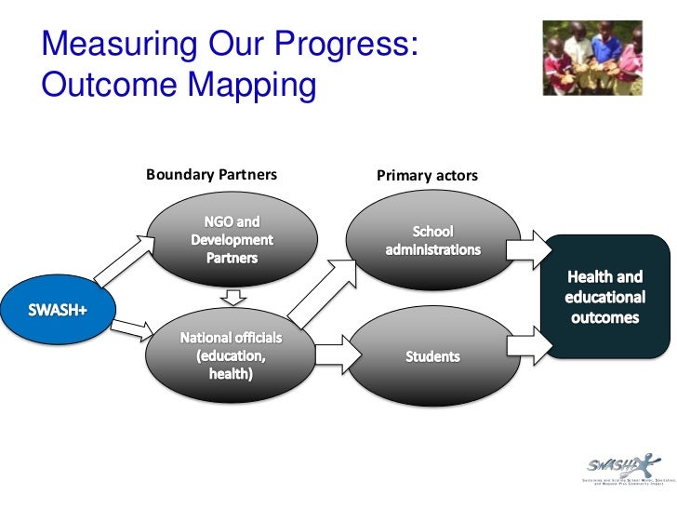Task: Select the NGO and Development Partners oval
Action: point(232,239)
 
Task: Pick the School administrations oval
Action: point(432,240)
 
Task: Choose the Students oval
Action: point(432,355)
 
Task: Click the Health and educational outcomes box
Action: point(604,297)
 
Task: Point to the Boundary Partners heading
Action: point(211,174)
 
